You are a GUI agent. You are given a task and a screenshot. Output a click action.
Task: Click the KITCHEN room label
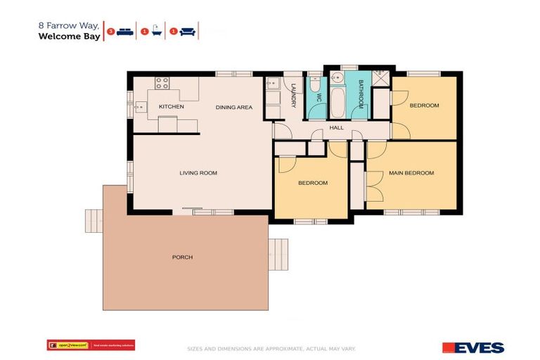[171, 106]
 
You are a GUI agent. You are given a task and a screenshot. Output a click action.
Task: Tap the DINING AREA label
[233, 107]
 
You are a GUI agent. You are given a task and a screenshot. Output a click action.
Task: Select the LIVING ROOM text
[198, 172]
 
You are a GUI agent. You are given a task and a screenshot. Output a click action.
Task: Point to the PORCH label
[182, 257]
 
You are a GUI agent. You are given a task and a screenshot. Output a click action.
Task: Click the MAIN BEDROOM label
[412, 172]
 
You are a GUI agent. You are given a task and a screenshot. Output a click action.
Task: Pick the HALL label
[337, 127]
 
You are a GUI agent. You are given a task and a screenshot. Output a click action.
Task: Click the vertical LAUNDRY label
[294, 96]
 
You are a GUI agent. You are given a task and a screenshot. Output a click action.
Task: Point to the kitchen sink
[141, 107]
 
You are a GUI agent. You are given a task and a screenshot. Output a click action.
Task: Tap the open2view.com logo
[67, 345]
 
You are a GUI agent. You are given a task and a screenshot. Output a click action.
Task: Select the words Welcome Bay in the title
[69, 36]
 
